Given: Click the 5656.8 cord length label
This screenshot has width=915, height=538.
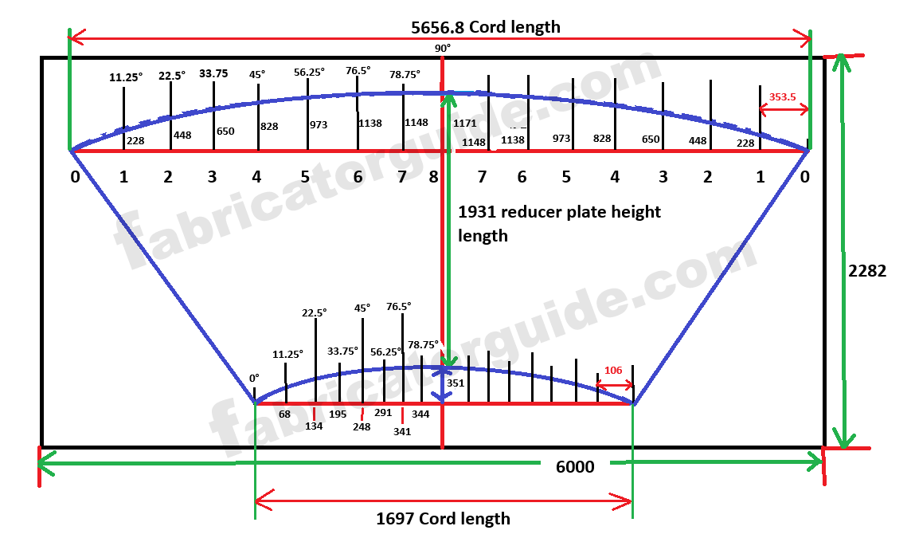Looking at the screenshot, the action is tap(485, 27).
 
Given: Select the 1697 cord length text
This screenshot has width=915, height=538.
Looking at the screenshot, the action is tap(443, 519).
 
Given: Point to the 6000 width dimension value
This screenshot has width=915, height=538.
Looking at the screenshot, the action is tap(574, 467).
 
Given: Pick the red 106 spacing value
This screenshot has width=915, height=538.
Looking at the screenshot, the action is tap(612, 371).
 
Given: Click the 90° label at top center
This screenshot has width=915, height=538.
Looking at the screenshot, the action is tap(442, 49).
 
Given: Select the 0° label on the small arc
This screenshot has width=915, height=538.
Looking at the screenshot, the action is tap(254, 379).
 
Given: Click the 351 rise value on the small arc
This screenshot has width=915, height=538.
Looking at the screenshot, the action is tap(456, 383).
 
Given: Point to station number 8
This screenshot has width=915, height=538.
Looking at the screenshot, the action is tap(433, 177).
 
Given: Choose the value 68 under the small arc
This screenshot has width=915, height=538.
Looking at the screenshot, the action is tap(285, 414).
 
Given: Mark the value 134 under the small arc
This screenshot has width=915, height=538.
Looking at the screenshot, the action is tap(314, 426).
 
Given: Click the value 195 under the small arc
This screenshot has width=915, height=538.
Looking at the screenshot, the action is tap(338, 414).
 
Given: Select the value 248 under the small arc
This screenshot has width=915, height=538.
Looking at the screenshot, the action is tap(362, 426).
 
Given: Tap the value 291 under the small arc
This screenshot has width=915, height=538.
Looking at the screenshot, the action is tap(383, 414).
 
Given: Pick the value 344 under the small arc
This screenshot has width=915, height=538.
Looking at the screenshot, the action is tap(420, 414).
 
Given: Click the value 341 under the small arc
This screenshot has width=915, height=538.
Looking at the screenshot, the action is tap(402, 431).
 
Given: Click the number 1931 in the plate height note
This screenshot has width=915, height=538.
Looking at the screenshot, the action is tap(475, 213).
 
